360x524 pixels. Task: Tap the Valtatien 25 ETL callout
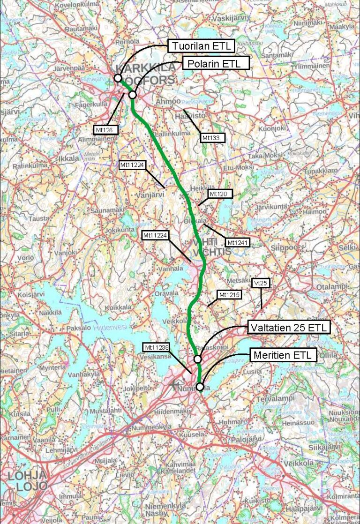click(289, 327)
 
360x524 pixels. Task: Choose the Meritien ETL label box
click(283, 355)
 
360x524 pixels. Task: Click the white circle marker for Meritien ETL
click(200, 387)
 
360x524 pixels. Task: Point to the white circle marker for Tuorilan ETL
click(118, 78)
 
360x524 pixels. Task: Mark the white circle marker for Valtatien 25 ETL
click(197, 359)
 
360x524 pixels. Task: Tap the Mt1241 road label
click(238, 242)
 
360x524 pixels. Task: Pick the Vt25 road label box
click(261, 283)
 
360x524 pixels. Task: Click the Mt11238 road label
click(156, 347)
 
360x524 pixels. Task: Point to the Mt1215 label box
click(229, 294)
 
